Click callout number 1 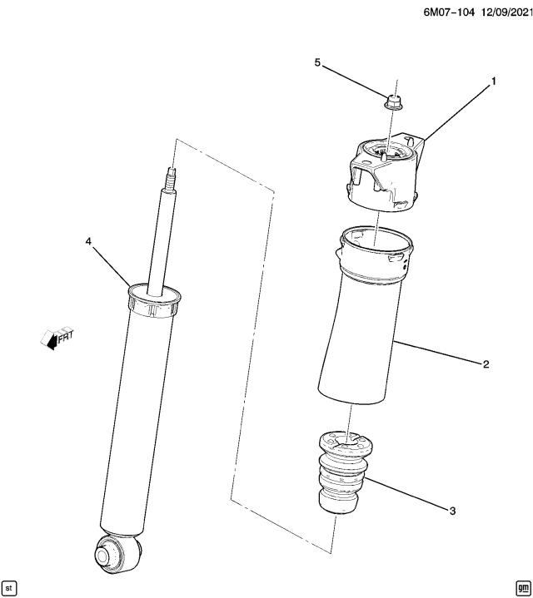click(x=493, y=82)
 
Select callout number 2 click(x=486, y=363)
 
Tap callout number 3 click(x=452, y=511)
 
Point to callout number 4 click(x=88, y=241)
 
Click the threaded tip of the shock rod click(x=173, y=179)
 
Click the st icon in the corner click(x=9, y=588)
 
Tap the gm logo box click(x=522, y=588)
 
